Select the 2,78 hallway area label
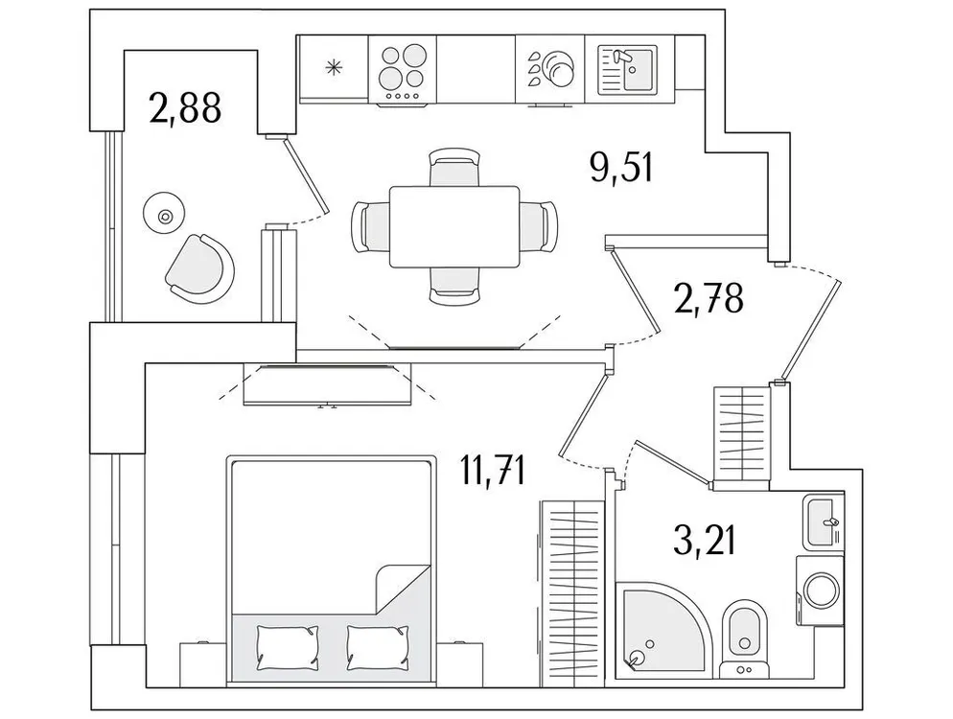708,299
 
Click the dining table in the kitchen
453,226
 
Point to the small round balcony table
164,215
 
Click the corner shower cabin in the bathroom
662,628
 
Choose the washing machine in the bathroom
820,590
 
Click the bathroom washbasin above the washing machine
823,522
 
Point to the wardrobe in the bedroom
571,585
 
